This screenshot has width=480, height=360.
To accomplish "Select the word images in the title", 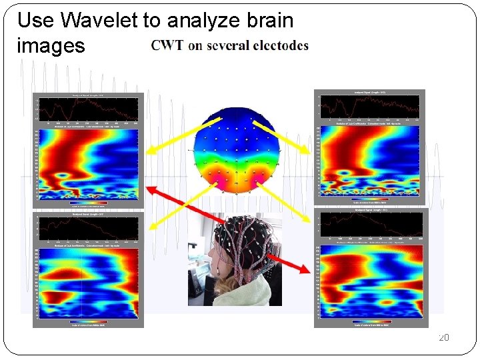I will (51, 45).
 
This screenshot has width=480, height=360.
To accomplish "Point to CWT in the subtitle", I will (167, 45).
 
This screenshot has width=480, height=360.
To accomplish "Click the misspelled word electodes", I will (279, 45).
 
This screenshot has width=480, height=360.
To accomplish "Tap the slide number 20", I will (443, 338).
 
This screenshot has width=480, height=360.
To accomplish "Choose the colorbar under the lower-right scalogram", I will (371, 321).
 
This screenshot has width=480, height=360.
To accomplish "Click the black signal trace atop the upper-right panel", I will (369, 105).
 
